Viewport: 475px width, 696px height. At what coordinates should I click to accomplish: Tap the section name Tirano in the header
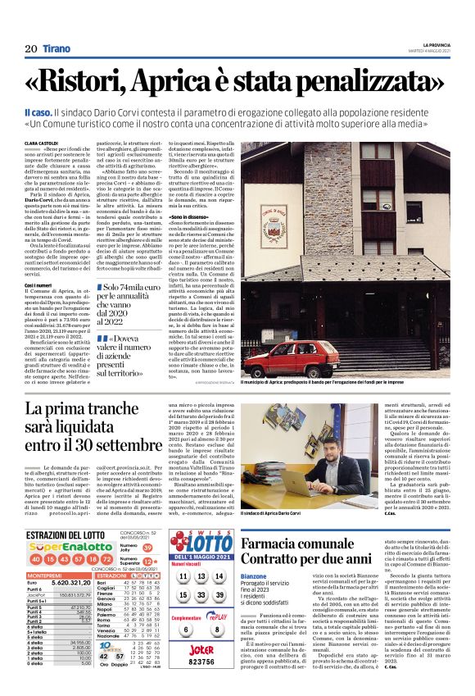[57, 50]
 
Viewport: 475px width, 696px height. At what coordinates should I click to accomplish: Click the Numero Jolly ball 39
[147, 525]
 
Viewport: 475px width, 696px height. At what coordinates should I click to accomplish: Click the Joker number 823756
[201, 661]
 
